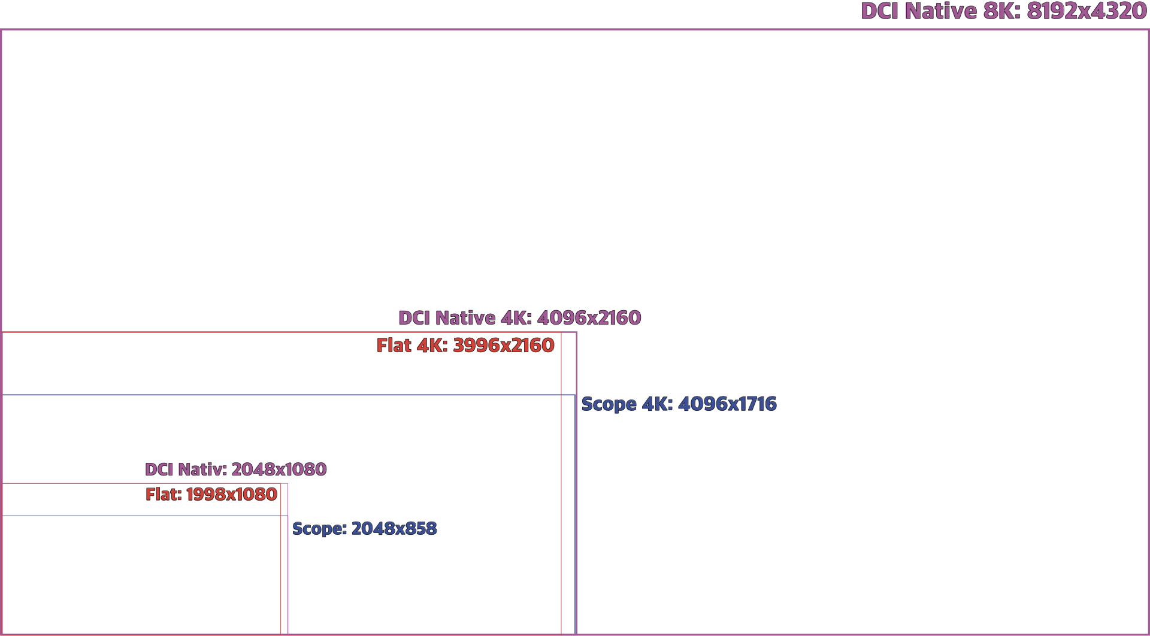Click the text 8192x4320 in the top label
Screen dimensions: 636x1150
pyautogui.click(x=1087, y=11)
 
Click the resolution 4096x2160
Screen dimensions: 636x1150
pyautogui.click(x=589, y=318)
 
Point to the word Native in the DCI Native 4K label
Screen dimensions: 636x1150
pyautogui.click(x=465, y=318)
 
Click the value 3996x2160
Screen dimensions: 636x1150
pyautogui.click(x=503, y=346)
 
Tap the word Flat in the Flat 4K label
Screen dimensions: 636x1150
pyautogui.click(x=394, y=346)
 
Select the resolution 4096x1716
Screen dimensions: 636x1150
pyautogui.click(x=727, y=404)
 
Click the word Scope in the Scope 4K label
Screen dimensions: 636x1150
pyautogui.click(x=609, y=405)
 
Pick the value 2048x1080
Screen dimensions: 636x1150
pyautogui.click(x=279, y=470)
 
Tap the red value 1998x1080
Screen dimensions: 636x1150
pyautogui.click(x=231, y=495)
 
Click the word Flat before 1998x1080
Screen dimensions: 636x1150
pyautogui.click(x=163, y=495)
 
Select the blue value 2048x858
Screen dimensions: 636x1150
pyautogui.click(x=394, y=529)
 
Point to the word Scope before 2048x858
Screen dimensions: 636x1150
pyautogui.click(x=319, y=529)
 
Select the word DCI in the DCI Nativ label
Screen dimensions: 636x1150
pyautogui.click(x=159, y=470)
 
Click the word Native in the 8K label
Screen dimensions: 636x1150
pyautogui.click(x=940, y=11)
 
